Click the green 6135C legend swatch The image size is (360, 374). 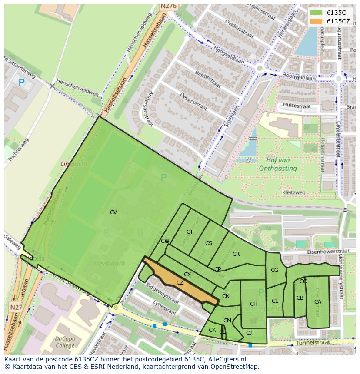coord(316,13)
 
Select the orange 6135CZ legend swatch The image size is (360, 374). coord(316,21)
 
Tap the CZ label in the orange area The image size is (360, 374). coord(180,283)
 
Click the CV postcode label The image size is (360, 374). coord(113,212)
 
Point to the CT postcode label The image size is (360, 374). coord(190,232)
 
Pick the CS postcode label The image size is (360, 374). coord(209,243)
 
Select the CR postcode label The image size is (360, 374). coord(236,254)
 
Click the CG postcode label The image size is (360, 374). coord(274,270)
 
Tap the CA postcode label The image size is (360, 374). coord(318,302)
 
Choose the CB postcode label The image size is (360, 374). coord(300,298)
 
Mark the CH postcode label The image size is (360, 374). coord(253,304)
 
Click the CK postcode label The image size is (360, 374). coord(212,330)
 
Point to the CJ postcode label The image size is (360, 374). coord(249,333)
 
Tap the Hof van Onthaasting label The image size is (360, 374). coord(278,164)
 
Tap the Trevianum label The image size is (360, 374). coord(109,263)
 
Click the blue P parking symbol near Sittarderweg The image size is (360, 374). coord(21,82)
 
